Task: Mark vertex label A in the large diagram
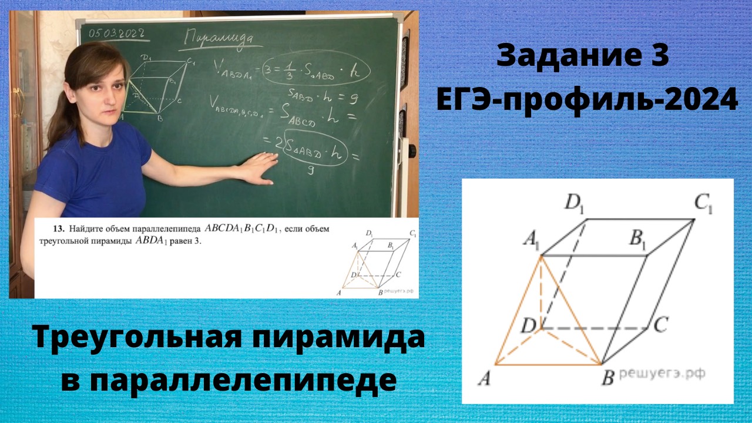point(485,379)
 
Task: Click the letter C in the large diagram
point(660,325)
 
